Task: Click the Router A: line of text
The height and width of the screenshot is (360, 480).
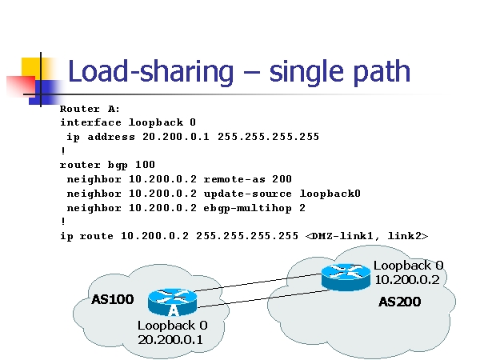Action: pyautogui.click(x=90, y=109)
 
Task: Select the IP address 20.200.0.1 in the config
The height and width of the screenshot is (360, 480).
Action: pyautogui.click(x=173, y=137)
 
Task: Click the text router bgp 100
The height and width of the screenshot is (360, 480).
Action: pyautogui.click(x=106, y=165)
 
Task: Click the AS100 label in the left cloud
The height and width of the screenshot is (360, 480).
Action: pyautogui.click(x=112, y=300)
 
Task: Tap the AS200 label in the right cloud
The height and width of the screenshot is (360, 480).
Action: pyautogui.click(x=399, y=302)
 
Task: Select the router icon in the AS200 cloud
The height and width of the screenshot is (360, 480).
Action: pyautogui.click(x=346, y=276)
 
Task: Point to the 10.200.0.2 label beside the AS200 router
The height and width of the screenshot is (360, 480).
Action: pyautogui.click(x=407, y=279)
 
